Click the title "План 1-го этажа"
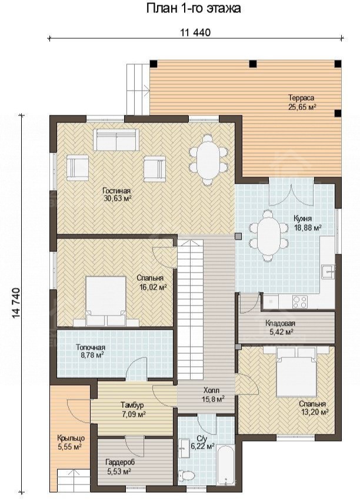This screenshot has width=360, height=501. (194, 9)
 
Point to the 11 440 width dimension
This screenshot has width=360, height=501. (196, 32)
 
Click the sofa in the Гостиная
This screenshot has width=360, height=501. (116, 139)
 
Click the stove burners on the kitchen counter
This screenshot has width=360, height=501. (300, 301)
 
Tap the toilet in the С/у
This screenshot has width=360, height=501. (186, 476)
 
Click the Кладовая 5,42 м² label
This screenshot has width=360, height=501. (280, 328)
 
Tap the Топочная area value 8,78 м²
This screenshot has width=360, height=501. (91, 354)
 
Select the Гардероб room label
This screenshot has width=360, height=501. (119, 462)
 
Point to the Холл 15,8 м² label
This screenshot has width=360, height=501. (213, 394)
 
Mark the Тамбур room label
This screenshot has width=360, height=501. (132, 405)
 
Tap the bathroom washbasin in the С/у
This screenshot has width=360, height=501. (184, 449)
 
